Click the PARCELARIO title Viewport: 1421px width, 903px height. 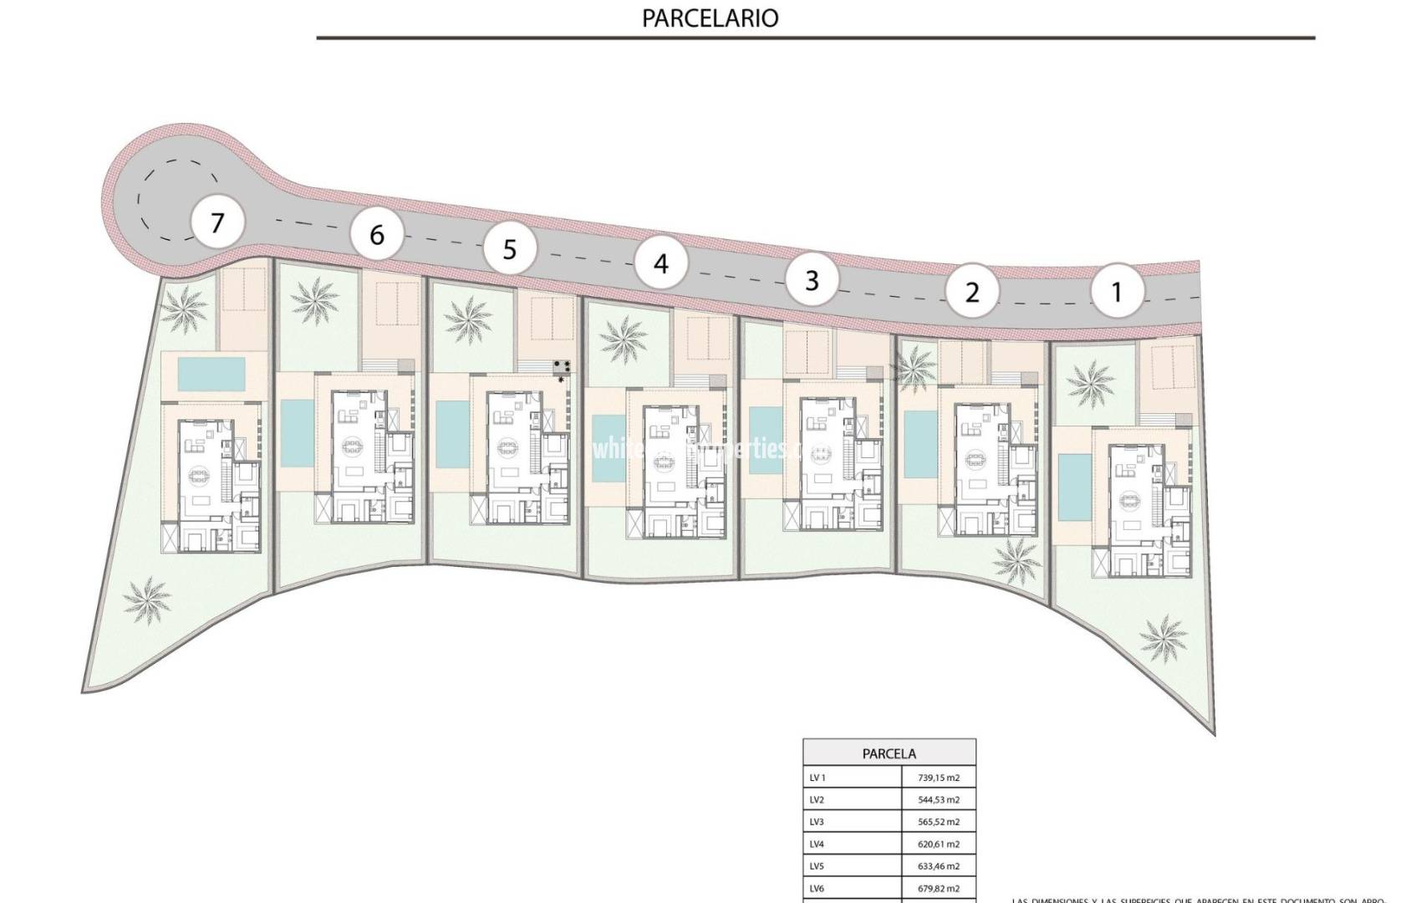(710, 18)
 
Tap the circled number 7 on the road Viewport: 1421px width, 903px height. (217, 223)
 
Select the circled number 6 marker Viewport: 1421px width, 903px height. (377, 235)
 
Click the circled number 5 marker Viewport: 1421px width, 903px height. (510, 249)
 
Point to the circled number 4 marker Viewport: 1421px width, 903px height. (660, 264)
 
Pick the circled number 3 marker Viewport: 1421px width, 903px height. (812, 279)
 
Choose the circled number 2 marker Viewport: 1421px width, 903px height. (971, 293)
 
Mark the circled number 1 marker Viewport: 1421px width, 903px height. (1116, 292)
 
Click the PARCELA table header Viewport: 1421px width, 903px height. (889, 753)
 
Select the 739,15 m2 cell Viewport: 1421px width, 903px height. (939, 778)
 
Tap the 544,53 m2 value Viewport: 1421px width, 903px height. (939, 800)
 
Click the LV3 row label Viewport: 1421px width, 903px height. (817, 822)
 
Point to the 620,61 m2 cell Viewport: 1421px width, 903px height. (939, 844)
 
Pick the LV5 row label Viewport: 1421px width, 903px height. (817, 867)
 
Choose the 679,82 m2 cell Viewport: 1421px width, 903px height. (939, 889)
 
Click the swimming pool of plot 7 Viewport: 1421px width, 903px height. (211, 375)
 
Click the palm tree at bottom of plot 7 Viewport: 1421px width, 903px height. (146, 600)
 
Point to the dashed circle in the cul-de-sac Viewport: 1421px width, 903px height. (180, 200)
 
